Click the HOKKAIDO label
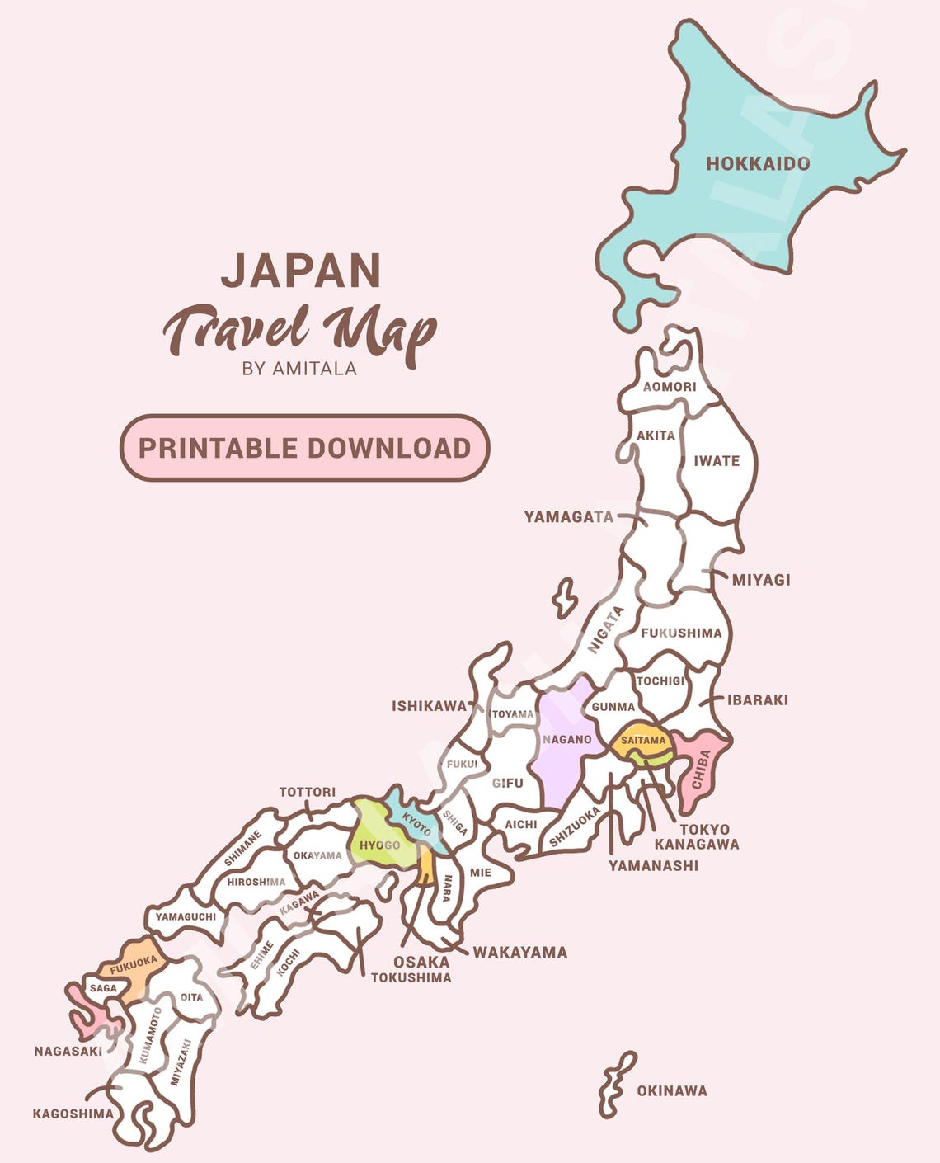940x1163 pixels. [757, 163]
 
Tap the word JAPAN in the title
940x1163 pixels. [301, 271]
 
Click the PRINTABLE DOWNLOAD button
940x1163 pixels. [304, 448]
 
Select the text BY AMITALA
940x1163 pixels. [299, 369]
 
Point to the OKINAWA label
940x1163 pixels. [671, 1090]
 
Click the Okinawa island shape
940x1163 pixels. [617, 1083]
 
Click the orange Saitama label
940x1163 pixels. [642, 740]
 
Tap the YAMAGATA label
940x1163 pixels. [569, 517]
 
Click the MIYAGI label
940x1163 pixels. [761, 580]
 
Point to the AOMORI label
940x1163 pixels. [669, 386]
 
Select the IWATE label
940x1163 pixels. [716, 461]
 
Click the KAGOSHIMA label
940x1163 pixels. [73, 1114]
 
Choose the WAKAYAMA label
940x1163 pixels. [519, 952]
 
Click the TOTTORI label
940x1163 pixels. [307, 792]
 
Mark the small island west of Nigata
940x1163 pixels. [565, 597]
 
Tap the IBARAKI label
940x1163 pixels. [757, 699]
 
